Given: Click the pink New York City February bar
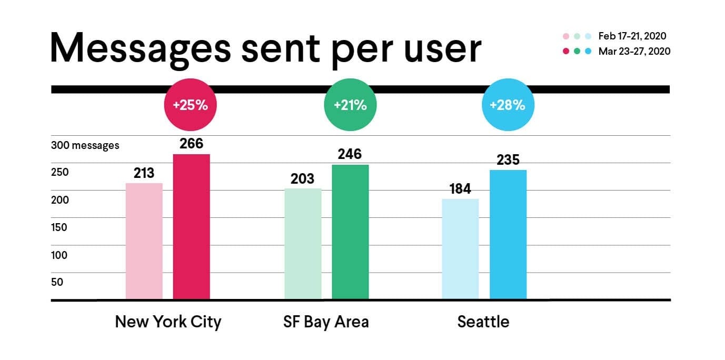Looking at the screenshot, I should coord(144,242).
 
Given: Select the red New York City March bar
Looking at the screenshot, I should coord(192,227).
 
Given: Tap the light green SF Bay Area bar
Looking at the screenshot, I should coord(303,244).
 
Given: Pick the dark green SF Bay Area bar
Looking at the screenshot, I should coord(350,232).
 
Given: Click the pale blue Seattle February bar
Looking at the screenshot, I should coord(460,249).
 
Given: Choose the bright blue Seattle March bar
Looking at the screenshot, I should coord(508,235).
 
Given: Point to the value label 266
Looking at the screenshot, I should coord(192,144).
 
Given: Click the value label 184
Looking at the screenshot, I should coord(460,189).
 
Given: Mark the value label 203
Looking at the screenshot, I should coord(303,178).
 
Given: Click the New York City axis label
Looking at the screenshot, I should coord(168,322).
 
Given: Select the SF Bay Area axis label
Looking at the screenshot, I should coord(326,322).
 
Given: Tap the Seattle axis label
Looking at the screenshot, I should coord(483,322).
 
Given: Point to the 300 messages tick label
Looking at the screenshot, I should coord(85,145).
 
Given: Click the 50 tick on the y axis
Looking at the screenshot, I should coord(57,282).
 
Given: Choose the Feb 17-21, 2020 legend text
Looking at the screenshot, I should coord(632,36).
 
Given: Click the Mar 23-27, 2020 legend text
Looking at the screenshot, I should coord(634,52).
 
